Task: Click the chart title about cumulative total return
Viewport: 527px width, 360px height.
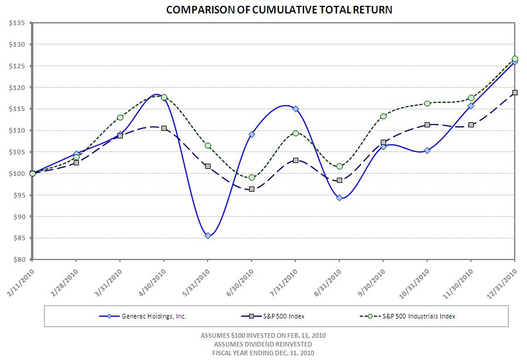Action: [278, 10]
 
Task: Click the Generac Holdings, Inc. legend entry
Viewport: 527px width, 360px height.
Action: [149, 316]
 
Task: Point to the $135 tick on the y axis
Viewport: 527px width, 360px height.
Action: [16, 23]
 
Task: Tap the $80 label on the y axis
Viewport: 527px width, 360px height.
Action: [16, 259]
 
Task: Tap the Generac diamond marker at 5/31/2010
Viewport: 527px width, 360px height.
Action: [208, 236]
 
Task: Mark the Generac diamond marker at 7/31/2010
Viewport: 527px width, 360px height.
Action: [295, 109]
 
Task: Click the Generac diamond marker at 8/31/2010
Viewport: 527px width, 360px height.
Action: [339, 198]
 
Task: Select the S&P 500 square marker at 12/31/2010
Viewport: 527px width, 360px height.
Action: [515, 92]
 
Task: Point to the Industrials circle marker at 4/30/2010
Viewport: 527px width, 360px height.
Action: [164, 98]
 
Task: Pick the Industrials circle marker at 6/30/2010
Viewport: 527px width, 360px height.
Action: [252, 177]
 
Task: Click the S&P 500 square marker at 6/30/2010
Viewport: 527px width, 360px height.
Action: [252, 189]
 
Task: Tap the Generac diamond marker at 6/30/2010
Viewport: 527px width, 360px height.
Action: [252, 134]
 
